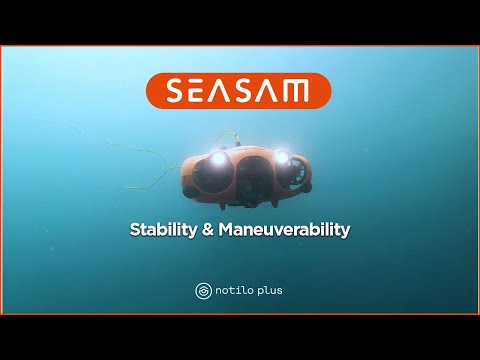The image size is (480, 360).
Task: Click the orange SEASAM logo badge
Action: (240, 91)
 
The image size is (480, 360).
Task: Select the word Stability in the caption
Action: (163, 229)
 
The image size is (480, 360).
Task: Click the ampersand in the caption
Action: (207, 229)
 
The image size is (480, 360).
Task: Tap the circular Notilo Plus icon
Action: (202, 291)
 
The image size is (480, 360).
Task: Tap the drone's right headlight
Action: (281, 157)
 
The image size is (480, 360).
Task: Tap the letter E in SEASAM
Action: (198, 91)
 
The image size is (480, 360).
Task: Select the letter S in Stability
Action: (136, 229)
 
